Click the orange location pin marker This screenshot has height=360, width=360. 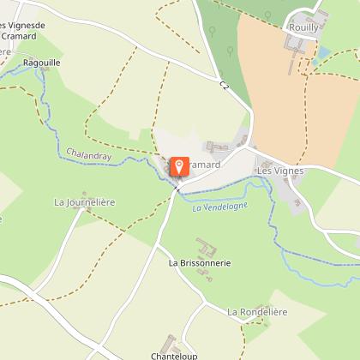180,166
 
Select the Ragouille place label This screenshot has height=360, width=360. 43,63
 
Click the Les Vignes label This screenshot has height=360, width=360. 280,170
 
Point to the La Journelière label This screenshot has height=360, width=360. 85,202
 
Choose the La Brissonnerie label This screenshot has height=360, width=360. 200,262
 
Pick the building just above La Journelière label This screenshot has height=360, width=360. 84,194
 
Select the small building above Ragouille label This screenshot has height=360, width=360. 37,53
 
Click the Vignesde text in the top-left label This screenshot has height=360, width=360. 26,26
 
